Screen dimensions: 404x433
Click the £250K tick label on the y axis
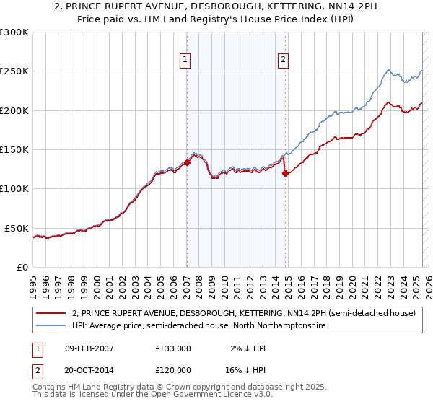click(14, 71)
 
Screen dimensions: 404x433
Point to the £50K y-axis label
click(17, 228)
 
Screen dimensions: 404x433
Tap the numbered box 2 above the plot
click(284, 60)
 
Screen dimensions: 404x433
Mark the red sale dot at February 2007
click(187, 163)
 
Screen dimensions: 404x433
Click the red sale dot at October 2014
click(286, 173)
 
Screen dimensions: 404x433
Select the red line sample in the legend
click(51, 314)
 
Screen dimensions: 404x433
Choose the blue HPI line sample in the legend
click(51, 326)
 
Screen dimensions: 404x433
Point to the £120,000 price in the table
click(173, 369)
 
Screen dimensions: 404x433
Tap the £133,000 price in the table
click(173, 348)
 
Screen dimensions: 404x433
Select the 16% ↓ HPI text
click(248, 369)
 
